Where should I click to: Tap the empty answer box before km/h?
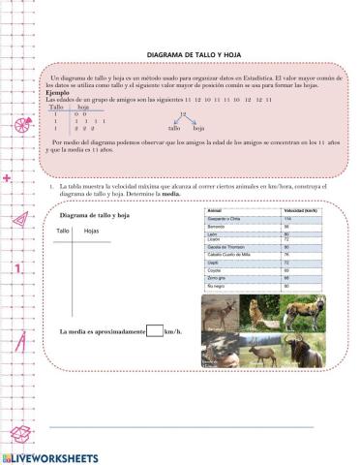[153, 331]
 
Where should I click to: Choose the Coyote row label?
[216, 270]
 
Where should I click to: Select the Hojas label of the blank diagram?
[91, 232]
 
